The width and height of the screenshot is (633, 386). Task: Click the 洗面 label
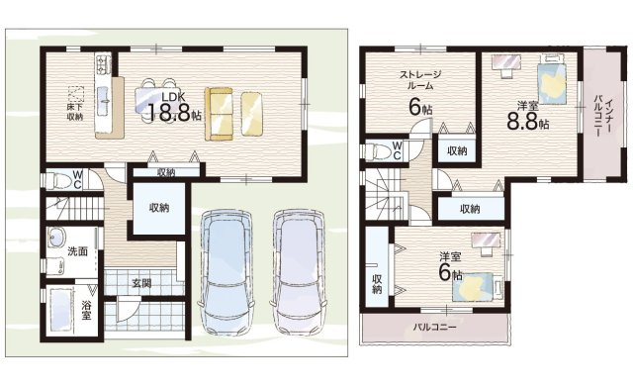click(x=77, y=251)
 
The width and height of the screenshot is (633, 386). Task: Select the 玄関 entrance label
click(x=141, y=283)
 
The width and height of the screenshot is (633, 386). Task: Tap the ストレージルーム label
click(x=420, y=81)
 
